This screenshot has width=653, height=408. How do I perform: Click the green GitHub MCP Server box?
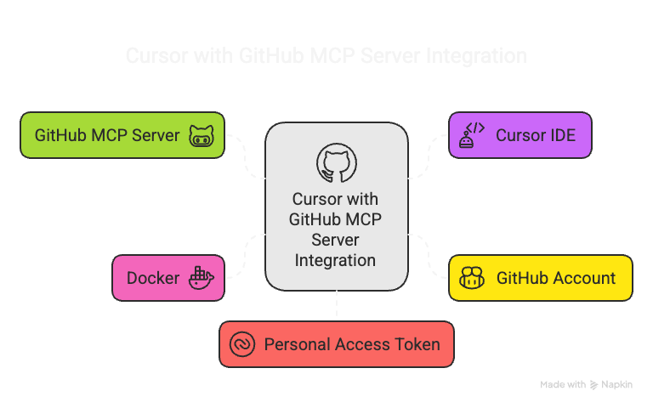pyautogui.click(x=122, y=135)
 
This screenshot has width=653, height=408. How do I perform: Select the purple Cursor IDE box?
pyautogui.click(x=520, y=135)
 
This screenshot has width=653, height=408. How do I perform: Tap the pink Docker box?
pyautogui.click(x=168, y=278)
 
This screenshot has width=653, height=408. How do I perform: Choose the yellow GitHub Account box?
pyautogui.click(x=540, y=278)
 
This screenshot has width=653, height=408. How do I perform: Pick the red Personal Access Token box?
pyautogui.click(x=336, y=344)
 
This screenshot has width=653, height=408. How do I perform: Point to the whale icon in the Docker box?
pyautogui.click(x=202, y=278)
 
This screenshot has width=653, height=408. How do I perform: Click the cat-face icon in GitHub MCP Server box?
pyautogui.click(x=202, y=136)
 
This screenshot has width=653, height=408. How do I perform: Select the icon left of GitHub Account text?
pyautogui.click(x=472, y=278)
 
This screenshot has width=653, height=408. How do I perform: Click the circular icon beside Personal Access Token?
pyautogui.click(x=242, y=344)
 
